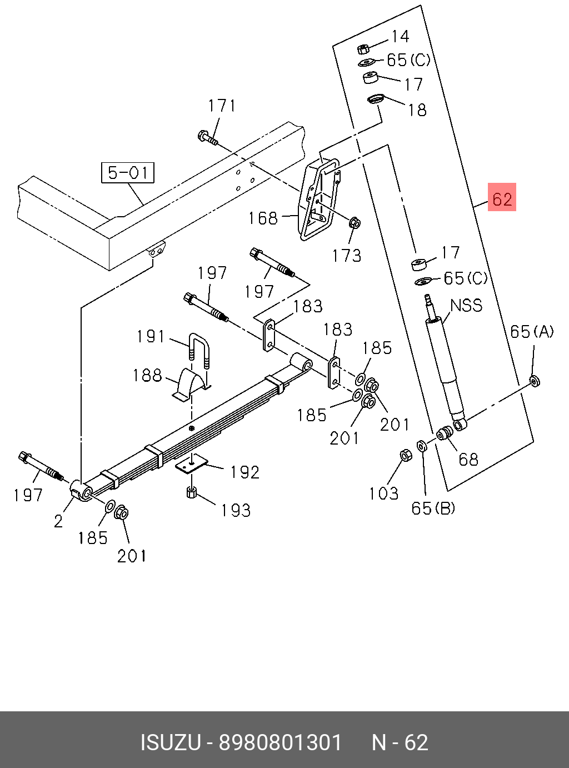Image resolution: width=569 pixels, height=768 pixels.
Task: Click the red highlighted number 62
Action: tap(502, 198)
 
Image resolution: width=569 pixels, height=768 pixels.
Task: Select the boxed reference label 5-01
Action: tap(127, 172)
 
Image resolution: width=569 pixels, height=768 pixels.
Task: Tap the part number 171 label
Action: tap(222, 106)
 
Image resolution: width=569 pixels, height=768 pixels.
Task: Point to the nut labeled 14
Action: tap(363, 48)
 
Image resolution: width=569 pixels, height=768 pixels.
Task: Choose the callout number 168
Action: tap(263, 218)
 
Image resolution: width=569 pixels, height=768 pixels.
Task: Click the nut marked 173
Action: tap(355, 223)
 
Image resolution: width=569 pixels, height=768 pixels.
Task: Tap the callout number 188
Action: tap(147, 376)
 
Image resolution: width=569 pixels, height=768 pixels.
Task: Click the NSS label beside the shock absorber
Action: tap(466, 305)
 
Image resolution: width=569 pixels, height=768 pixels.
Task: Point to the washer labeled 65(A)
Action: tap(534, 381)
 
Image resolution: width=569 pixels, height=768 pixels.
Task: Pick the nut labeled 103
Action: tap(406, 456)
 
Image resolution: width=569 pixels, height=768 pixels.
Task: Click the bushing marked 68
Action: tap(445, 433)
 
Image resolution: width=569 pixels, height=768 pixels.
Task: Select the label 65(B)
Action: tap(433, 508)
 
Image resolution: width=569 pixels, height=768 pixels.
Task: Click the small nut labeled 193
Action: tap(192, 492)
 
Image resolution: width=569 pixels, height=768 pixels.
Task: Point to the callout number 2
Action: tap(58, 521)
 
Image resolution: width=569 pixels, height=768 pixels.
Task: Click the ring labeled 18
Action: tap(376, 99)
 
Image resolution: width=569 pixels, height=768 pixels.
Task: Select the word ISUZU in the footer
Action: tap(170, 742)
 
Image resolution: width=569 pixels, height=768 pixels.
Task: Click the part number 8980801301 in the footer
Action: tap(280, 742)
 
